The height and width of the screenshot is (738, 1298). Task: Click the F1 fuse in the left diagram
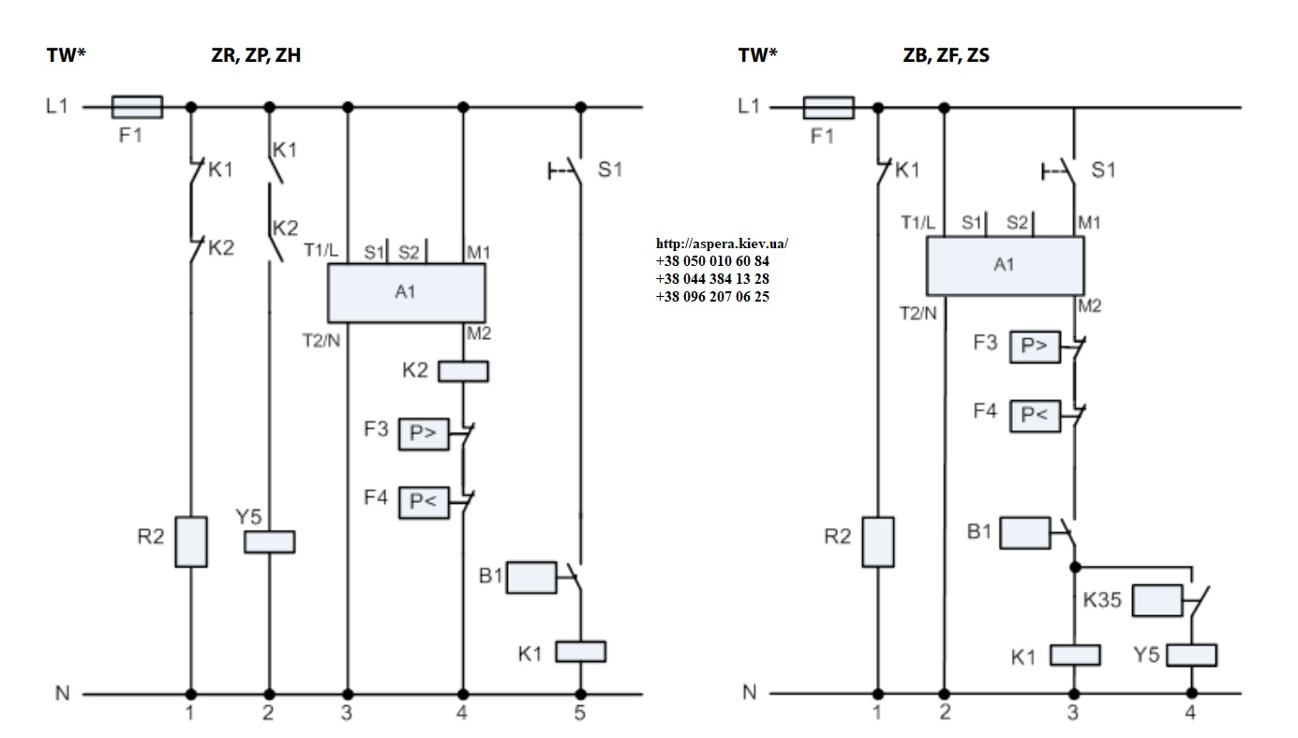137,107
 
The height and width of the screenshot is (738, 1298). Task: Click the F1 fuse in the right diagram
828,108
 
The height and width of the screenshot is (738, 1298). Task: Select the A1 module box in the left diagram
406,293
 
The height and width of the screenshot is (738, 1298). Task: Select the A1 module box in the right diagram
1006,266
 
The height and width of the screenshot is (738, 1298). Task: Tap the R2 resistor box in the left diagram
191,541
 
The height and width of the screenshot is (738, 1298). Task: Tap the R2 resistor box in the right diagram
878,541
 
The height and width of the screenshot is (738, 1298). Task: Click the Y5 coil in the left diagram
270,541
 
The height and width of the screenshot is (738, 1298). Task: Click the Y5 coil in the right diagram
1191,656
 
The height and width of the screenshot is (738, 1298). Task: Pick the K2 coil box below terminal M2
463,371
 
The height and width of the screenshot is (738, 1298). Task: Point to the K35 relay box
1157,600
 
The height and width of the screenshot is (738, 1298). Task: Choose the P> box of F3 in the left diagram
424,434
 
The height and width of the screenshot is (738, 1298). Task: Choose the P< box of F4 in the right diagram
1035,416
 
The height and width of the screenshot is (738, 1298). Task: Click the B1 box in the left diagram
531,577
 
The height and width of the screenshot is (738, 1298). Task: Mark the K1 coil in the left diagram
581,652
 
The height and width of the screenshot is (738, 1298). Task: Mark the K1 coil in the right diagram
1075,656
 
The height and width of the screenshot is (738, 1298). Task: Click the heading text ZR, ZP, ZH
256,55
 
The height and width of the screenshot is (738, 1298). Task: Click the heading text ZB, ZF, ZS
947,55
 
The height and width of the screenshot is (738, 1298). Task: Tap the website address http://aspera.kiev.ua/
722,244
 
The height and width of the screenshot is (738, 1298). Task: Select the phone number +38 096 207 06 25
713,297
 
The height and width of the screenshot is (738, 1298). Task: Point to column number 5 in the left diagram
580,713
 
